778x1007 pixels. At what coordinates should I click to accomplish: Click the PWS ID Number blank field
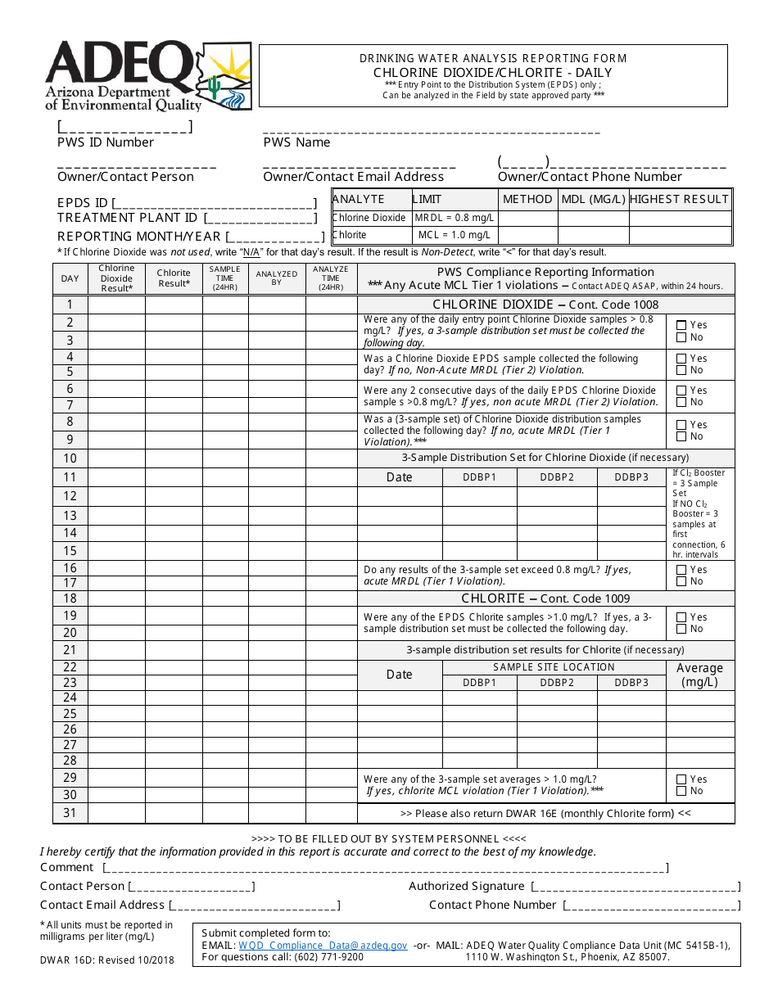pos(124,127)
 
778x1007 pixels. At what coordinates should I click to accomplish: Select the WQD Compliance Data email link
pos(323,945)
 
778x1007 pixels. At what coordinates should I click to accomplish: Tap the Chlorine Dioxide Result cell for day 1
pos(116,305)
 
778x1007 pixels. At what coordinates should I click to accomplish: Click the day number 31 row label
pos(70,813)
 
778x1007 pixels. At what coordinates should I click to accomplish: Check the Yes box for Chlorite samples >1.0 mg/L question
pos(681,617)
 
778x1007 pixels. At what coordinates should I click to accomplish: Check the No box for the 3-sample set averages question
pos(681,791)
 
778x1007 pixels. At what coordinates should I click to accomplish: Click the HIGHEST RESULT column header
pos(679,199)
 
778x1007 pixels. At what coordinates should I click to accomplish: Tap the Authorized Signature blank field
pos(636,887)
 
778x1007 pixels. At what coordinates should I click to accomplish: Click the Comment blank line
pos(385,868)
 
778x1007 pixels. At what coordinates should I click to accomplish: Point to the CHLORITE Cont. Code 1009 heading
pos(545,598)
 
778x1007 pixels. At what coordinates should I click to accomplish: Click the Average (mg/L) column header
pos(699,675)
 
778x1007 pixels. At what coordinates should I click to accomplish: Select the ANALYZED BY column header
pos(277,278)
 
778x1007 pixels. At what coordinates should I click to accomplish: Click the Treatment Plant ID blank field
pos(260,219)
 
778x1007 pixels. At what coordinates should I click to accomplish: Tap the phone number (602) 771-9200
pos(328,956)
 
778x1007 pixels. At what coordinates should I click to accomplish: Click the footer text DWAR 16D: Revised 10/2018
pos(107,960)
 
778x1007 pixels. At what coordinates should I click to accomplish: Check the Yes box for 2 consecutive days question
pos(681,391)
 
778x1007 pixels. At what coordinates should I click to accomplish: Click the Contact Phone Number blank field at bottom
pos(651,905)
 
